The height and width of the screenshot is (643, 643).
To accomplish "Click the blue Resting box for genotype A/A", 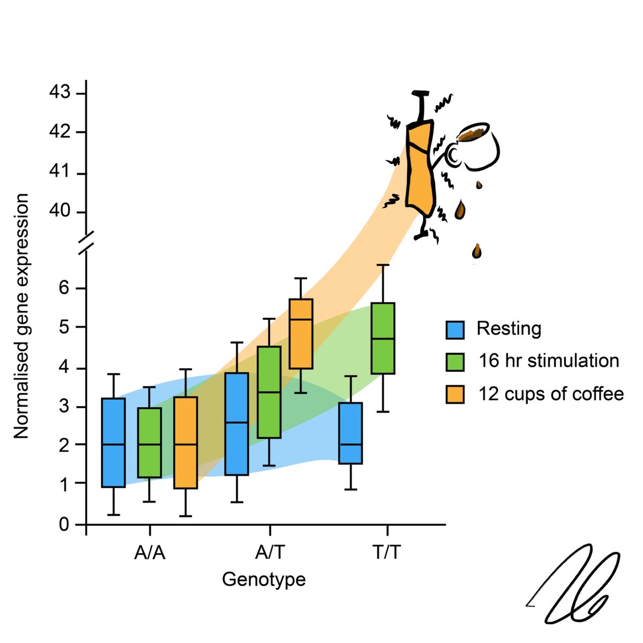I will (113, 443).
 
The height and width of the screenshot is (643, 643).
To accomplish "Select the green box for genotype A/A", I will (149, 443).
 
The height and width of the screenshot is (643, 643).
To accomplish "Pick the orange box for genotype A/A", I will (185, 443).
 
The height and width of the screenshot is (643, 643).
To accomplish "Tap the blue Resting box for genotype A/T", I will (236, 424).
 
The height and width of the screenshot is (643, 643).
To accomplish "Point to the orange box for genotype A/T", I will (301, 334).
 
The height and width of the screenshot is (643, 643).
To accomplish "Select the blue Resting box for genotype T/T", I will (350, 433).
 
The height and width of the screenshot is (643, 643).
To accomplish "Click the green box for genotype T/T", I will (383, 338).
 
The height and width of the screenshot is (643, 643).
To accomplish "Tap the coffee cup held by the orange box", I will (475, 145).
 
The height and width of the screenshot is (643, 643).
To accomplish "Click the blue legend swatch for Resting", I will (455, 330).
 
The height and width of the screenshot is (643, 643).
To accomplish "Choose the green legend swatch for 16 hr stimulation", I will (455, 362).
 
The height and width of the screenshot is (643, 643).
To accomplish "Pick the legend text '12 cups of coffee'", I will (551, 394).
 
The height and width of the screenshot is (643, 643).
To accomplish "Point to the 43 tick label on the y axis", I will (59, 93).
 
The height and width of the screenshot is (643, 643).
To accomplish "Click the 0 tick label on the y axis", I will (64, 525).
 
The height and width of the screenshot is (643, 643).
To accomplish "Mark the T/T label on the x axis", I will (386, 552).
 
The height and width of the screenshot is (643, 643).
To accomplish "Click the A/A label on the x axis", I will (149, 552).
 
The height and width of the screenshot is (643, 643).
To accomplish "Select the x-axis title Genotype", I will (264, 579).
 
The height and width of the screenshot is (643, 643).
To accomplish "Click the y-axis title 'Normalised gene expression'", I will (21, 316).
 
